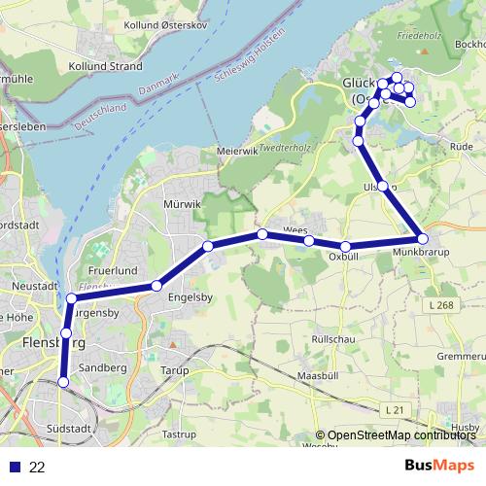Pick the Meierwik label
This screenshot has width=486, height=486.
click(236, 152)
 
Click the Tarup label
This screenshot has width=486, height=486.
click(175, 369)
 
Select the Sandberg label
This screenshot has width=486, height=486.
click(104, 368)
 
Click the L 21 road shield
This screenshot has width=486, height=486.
click(393, 411)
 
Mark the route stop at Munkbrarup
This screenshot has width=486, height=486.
click(422, 238)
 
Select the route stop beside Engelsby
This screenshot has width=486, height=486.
click(156, 286)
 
